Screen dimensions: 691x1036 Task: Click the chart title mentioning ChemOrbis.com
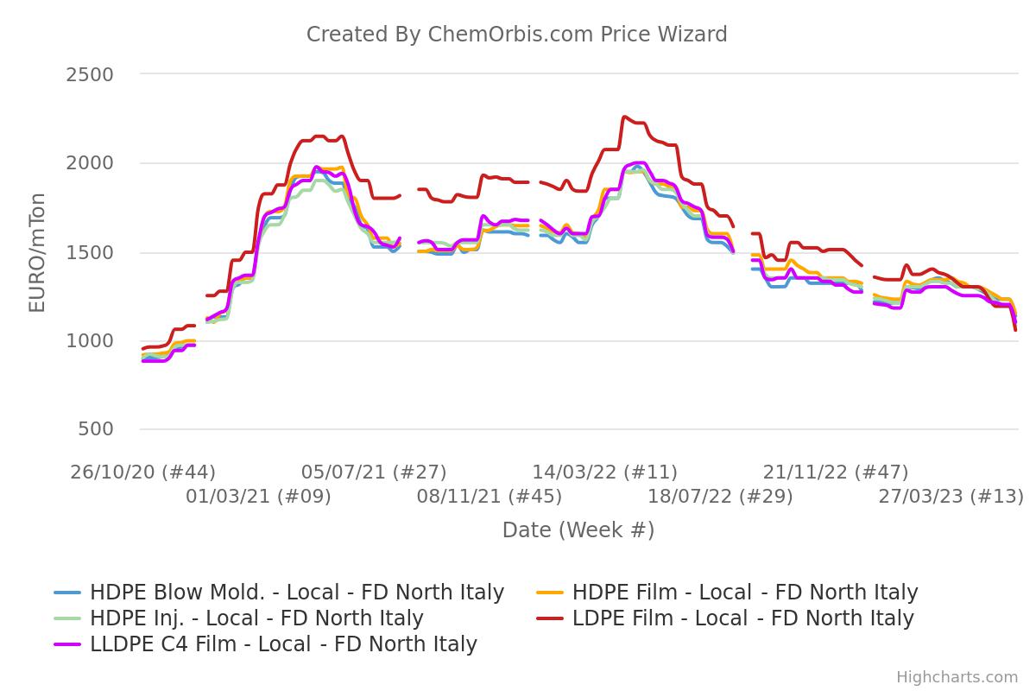[x=516, y=35]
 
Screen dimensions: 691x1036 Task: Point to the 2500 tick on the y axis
[x=90, y=75]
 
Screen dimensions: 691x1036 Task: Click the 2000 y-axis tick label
[x=90, y=163]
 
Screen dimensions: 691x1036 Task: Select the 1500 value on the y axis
[x=90, y=252]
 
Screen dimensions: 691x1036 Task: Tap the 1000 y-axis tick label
[x=90, y=341]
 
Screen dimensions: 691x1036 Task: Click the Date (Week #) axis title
[x=578, y=530]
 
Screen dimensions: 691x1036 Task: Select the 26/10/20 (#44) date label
[x=143, y=472]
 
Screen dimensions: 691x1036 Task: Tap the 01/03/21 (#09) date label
[x=258, y=497]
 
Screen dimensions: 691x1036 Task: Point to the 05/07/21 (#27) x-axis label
[x=374, y=472]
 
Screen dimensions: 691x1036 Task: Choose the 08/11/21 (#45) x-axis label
[x=490, y=497]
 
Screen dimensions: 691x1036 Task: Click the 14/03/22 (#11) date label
[x=604, y=472]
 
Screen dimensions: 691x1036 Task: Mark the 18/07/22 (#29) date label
[x=720, y=497]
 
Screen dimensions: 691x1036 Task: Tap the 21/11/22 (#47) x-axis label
[x=835, y=472]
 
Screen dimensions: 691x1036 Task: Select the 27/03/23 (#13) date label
[x=951, y=497]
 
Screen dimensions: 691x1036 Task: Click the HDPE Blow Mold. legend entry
[x=296, y=593]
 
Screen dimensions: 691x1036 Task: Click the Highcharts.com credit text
[x=957, y=677]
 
